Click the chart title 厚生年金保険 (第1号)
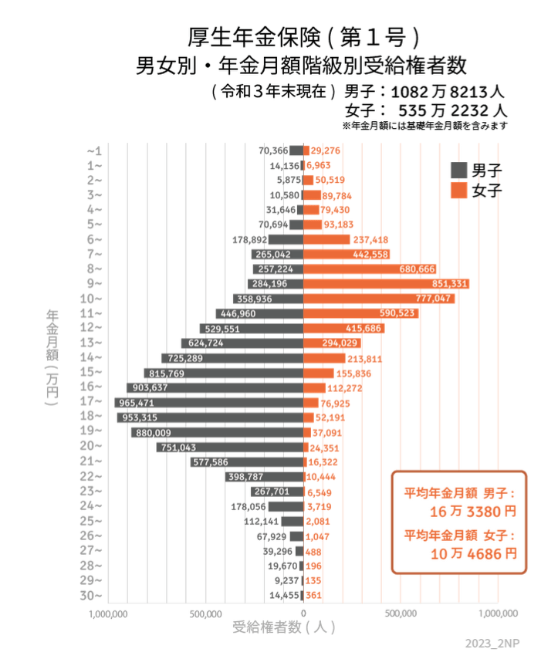[304, 35]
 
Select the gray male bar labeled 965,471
[208, 403]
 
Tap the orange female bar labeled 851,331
[386, 284]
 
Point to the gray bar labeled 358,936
[268, 299]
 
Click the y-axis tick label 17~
[94, 401]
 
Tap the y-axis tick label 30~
[94, 595]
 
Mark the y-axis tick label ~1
[94, 150]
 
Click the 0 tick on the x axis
[303, 614]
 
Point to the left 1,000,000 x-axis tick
[108, 614]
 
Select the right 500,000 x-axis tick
[401, 614]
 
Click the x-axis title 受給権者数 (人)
[283, 627]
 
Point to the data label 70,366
[273, 150]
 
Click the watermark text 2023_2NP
[491, 643]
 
